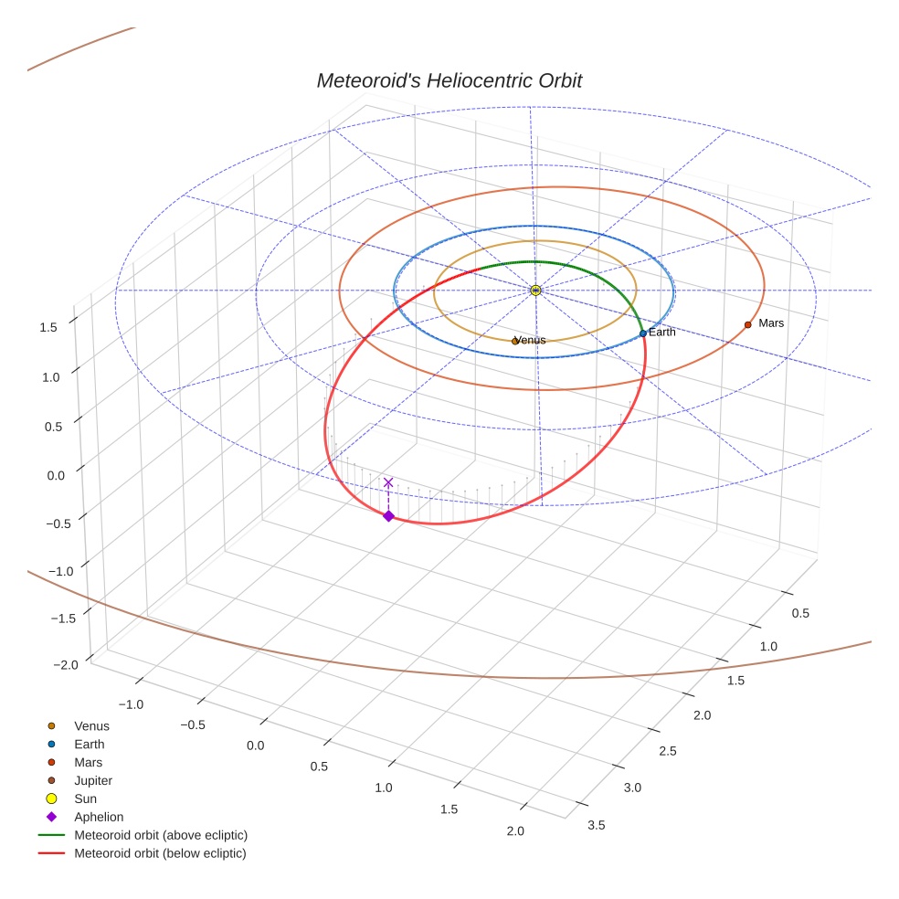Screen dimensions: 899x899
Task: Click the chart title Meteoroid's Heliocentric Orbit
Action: click(x=449, y=80)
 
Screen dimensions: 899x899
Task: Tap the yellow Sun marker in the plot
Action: click(x=535, y=290)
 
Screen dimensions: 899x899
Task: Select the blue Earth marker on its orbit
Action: click(x=643, y=333)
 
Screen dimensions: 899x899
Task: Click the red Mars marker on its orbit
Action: click(x=747, y=324)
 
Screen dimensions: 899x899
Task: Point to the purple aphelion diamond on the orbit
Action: click(x=388, y=516)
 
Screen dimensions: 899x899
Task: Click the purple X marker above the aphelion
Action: click(x=388, y=482)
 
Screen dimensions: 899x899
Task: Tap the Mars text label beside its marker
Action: click(x=771, y=323)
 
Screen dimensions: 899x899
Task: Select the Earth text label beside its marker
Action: click(x=662, y=333)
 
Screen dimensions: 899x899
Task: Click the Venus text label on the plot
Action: click(x=531, y=341)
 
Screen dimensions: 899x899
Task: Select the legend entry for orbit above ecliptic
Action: click(x=161, y=835)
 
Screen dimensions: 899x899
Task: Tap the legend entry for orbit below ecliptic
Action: click(x=160, y=853)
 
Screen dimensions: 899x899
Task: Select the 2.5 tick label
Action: click(x=668, y=751)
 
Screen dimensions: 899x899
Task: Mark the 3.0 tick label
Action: click(x=632, y=788)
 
